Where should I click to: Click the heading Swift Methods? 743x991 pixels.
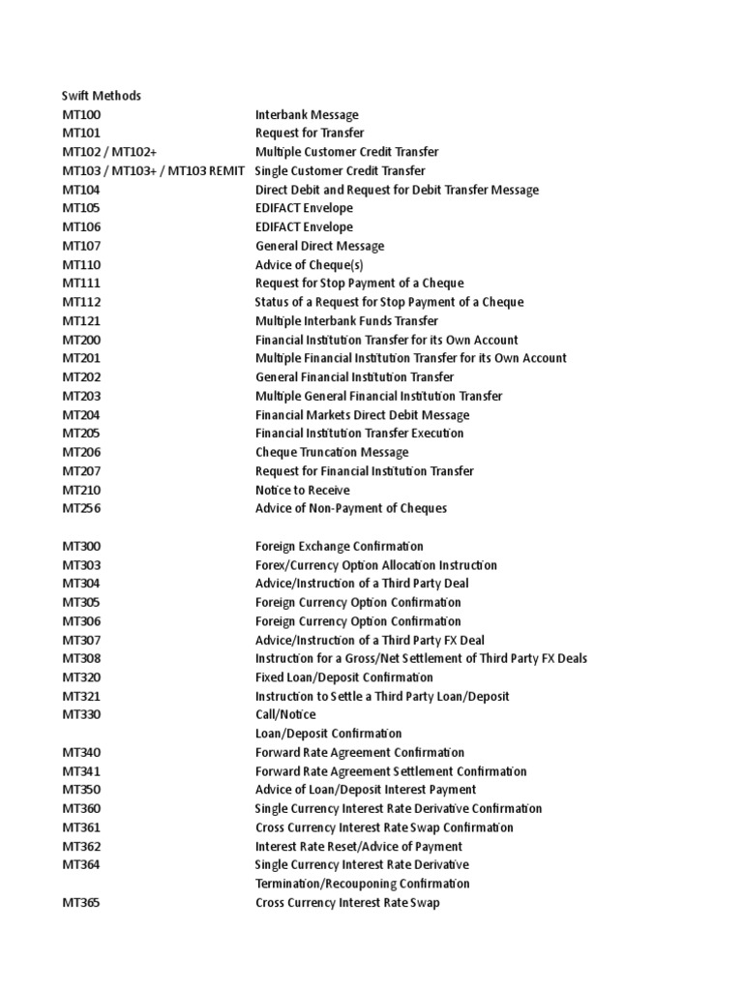[102, 96]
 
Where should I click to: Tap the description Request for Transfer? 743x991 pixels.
[310, 134]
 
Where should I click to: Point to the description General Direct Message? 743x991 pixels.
[319, 246]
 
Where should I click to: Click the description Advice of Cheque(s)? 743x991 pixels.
[310, 265]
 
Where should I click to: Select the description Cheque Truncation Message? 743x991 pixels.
[332, 452]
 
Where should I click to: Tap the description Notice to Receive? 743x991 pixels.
[303, 490]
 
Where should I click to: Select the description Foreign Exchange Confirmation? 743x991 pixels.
[340, 546]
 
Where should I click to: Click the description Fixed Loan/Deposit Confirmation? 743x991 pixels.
[344, 677]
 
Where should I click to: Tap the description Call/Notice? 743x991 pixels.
[285, 715]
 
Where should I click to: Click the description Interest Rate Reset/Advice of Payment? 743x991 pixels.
[359, 846]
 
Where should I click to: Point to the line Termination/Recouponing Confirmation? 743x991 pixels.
[363, 884]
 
